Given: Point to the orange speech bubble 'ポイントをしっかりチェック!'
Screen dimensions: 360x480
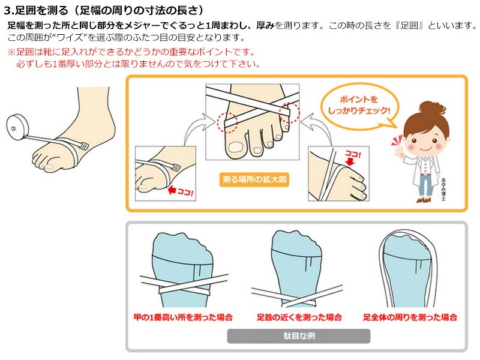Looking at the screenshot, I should (355, 104).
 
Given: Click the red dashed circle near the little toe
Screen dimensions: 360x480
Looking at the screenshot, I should (289, 110).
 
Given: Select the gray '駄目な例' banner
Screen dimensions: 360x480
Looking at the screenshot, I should (298, 336).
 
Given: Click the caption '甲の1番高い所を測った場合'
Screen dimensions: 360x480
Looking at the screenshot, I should (183, 317).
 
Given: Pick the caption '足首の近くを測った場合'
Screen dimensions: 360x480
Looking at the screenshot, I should (299, 317).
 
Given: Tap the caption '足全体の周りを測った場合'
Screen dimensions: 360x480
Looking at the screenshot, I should (410, 317).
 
